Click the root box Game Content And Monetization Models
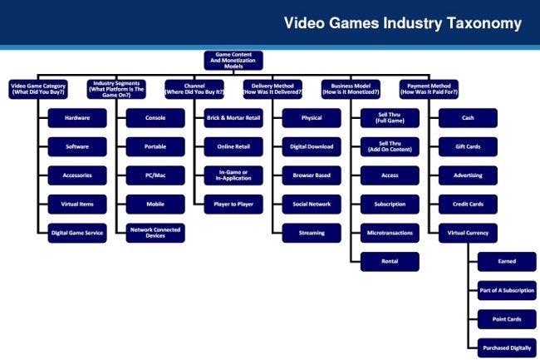[233, 61]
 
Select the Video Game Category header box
[38, 89]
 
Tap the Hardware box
[77, 118]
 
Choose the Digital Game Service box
[77, 233]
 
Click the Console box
[155, 118]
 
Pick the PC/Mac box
[155, 175]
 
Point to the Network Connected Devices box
[155, 233]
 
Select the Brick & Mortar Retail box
[233, 118]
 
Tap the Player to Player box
[233, 205]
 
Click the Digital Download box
[312, 147]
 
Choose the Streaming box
[312, 233]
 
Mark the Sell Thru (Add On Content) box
[390, 147]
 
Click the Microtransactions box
[390, 233]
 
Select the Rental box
[390, 261]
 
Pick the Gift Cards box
[468, 147]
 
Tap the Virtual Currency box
[468, 233]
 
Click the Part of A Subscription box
[507, 290]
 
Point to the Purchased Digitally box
[507, 348]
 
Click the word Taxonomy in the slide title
[484, 24]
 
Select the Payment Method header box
[430, 89]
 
